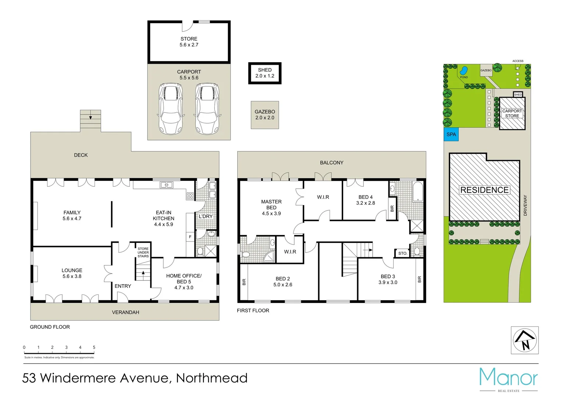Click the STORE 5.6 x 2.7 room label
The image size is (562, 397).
[189, 42]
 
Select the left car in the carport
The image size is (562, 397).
[170, 108]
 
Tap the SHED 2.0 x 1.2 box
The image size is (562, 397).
[264, 73]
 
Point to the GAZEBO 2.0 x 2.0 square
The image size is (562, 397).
[265, 115]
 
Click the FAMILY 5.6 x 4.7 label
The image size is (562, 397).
[72, 215]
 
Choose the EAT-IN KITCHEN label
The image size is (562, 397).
[163, 218]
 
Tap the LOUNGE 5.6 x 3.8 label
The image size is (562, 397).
[72, 273]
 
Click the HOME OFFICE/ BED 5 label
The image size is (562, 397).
[184, 282]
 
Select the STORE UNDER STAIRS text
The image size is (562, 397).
[143, 253]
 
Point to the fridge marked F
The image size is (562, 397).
[190, 237]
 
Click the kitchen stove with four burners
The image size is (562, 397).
[190, 196]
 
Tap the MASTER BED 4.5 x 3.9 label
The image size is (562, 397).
[271, 207]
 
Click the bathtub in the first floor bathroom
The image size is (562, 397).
[418, 192]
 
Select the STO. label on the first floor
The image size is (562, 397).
[403, 253]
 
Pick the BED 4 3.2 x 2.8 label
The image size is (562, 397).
[365, 200]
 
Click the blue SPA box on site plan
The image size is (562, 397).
[451, 135]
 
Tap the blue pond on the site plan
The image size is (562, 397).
[464, 70]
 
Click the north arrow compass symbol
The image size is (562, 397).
[524, 340]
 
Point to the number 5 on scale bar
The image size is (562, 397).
[94, 347]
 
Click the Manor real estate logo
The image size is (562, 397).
[508, 379]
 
